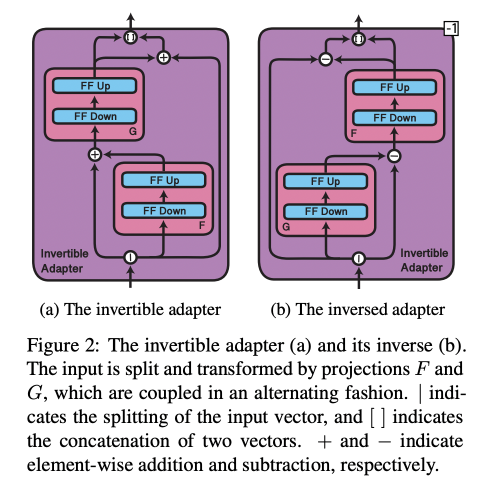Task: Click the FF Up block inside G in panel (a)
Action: (95, 86)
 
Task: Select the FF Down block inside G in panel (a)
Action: (95, 116)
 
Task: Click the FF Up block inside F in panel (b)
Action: (394, 87)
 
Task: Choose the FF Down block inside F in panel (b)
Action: (394, 118)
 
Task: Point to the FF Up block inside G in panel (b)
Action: (326, 181)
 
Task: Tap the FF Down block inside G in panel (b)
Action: (326, 211)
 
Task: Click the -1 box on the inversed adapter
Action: (450, 30)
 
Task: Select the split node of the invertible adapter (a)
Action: (130, 257)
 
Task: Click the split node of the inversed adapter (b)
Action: (358, 258)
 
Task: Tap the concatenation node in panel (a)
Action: (130, 37)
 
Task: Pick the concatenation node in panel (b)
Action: (358, 38)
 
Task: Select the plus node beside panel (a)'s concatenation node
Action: (163, 57)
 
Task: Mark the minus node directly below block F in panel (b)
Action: (394, 156)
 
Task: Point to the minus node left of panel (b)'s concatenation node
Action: (325, 59)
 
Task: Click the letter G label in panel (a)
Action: (133, 132)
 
